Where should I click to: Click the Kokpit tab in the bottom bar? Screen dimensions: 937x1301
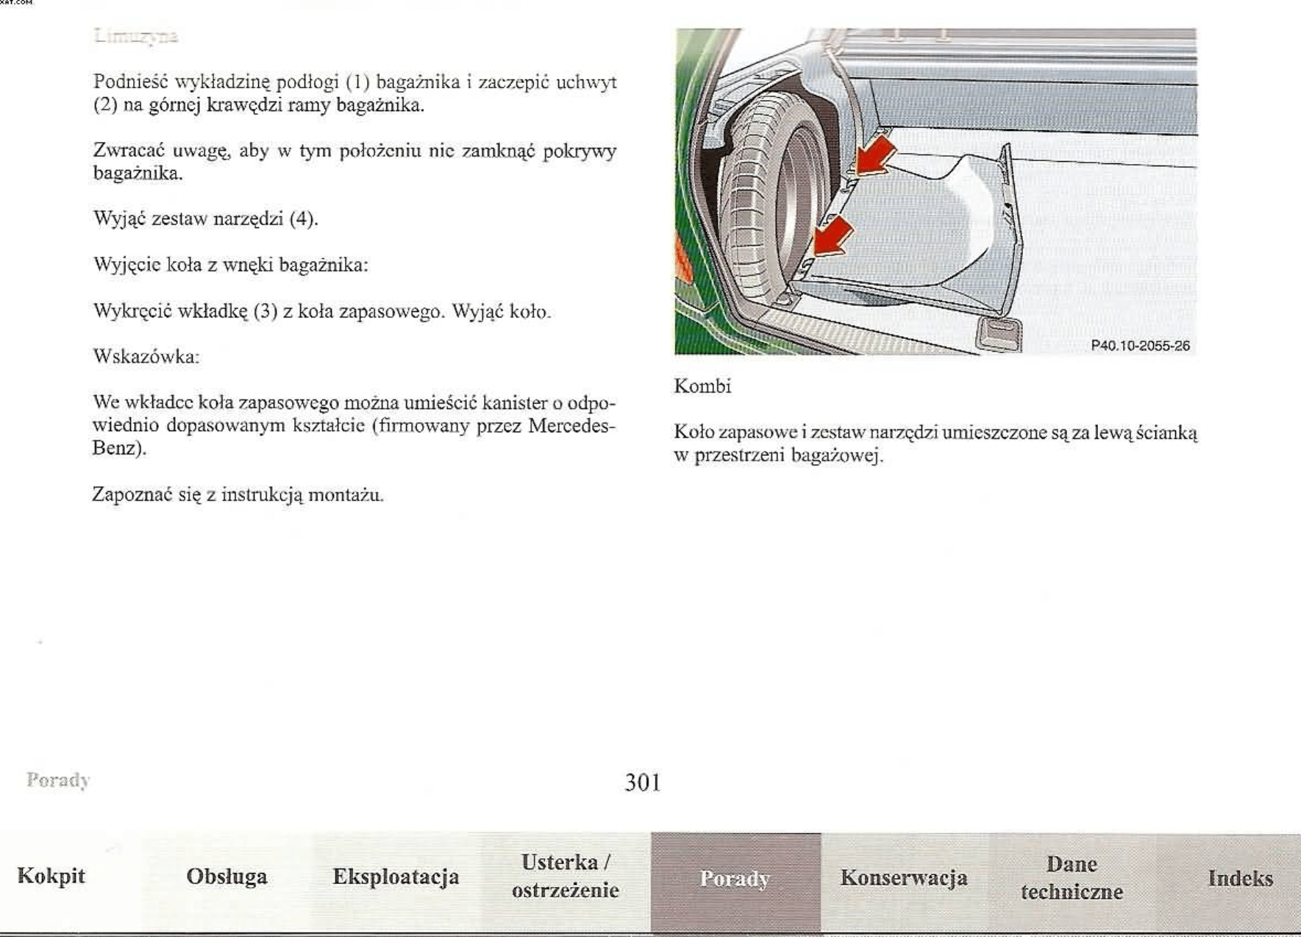point(51,876)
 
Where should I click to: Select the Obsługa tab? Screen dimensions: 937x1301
point(227,877)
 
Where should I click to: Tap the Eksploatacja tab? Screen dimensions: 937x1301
point(396,877)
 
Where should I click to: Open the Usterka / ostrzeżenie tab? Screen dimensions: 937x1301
point(565,876)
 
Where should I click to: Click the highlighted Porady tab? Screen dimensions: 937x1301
point(735,879)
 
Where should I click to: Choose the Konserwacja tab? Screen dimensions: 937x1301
point(904,878)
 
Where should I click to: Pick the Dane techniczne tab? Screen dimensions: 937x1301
point(1072,878)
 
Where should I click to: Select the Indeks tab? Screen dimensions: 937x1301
point(1240,878)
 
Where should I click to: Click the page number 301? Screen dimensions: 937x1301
point(643,783)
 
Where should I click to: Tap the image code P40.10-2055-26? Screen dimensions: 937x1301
point(1140,346)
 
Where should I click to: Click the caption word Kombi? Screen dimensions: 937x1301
point(702,387)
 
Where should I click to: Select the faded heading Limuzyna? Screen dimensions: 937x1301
point(136,36)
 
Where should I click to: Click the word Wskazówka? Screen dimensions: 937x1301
point(146,357)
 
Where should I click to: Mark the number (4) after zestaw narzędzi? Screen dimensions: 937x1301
point(303,219)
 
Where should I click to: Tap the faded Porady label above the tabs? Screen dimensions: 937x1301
point(58,780)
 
